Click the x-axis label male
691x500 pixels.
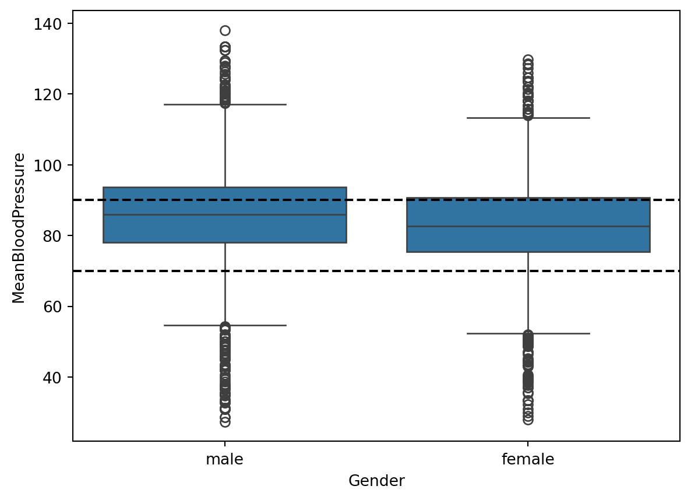[224, 460]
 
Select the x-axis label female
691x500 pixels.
[528, 460]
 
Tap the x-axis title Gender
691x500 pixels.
[376, 481]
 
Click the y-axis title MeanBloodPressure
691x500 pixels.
[19, 228]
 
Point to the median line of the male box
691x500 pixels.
[225, 215]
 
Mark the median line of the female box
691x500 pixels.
[528, 226]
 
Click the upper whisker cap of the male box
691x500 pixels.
[225, 104]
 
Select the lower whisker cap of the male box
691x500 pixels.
[225, 325]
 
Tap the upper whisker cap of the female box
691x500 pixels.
[528, 118]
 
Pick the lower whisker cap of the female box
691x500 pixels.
[528, 333]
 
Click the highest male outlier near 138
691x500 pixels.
[225, 30]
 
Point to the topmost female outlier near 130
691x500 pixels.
[528, 59]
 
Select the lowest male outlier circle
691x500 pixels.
[225, 422]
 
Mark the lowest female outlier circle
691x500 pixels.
[528, 420]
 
